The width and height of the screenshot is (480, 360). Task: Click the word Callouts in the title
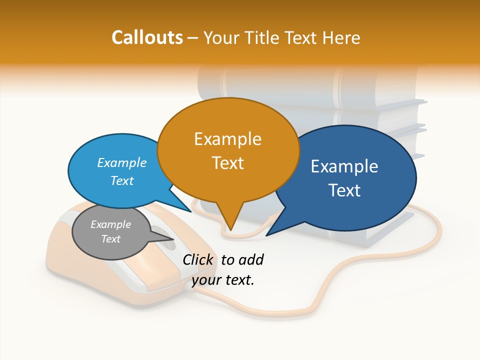coord(147,37)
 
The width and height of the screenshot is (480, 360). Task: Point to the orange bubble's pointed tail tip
coord(230,230)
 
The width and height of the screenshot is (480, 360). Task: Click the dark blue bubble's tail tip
coord(267,235)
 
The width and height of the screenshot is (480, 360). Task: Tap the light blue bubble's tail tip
coord(191,211)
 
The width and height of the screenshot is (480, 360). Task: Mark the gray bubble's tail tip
coord(173,239)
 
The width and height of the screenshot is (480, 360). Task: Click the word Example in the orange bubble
coord(228,139)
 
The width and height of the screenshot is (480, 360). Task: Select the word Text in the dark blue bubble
coord(344,190)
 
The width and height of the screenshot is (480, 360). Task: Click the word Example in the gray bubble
coord(110,224)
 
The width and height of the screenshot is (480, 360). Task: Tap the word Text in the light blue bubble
coord(121,180)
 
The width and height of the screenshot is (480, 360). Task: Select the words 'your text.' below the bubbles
coord(223,280)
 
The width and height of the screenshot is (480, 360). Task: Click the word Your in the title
coord(222,37)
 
